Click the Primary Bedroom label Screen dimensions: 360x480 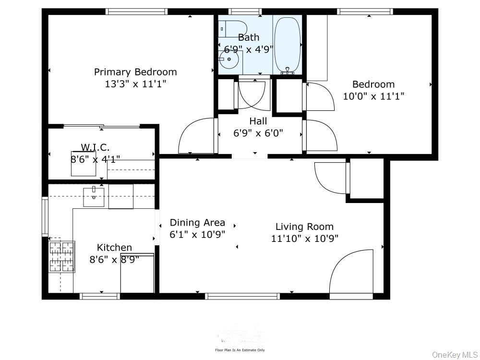tap(135, 72)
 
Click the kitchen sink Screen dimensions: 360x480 tap(94, 197)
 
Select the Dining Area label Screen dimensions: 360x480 tap(197, 223)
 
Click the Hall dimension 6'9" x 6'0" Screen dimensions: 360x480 tap(258, 133)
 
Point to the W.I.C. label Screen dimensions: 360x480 tap(95, 147)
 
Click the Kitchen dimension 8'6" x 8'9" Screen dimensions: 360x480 tap(114, 260)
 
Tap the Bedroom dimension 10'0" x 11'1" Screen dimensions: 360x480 tap(373, 96)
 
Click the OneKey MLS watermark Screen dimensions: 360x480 tap(452, 354)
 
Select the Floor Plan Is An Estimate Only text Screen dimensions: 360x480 tap(240, 350)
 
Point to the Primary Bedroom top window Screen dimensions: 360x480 tap(136, 12)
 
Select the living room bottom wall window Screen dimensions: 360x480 tap(242, 296)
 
